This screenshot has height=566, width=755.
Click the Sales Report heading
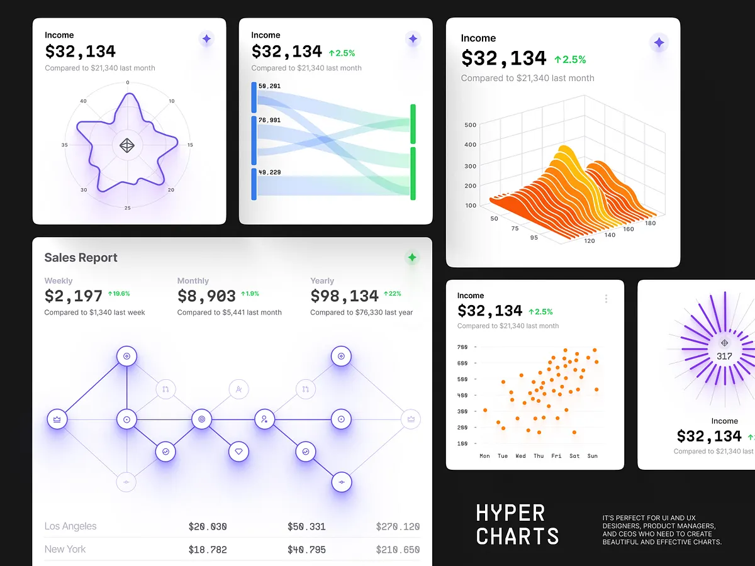pos(81,258)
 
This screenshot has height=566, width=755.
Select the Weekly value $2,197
pos(73,296)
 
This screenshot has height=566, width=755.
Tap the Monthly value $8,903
pos(206,296)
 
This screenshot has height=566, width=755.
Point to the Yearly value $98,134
pos(344,296)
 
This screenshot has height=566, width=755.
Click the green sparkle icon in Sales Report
pos(412,257)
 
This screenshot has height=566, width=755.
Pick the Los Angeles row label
pos(70,526)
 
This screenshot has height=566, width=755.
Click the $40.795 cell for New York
pos(306,550)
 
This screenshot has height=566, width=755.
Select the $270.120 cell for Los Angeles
pos(398,527)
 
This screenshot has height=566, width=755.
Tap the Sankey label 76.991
pos(269,120)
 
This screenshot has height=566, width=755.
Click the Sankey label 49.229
pos(269,172)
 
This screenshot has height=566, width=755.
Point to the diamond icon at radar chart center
pos(127,146)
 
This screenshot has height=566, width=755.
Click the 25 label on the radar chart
pos(127,208)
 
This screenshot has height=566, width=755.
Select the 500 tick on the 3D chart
pos(470,125)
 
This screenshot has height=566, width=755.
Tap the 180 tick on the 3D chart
pos(650,223)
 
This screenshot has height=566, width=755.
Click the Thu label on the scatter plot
pos(539,456)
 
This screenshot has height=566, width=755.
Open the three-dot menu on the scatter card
pos(606,299)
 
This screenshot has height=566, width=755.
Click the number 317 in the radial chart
pos(724,357)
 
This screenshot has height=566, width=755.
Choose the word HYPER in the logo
pos(510,514)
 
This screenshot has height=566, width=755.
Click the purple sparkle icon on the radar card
pos(206,39)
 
